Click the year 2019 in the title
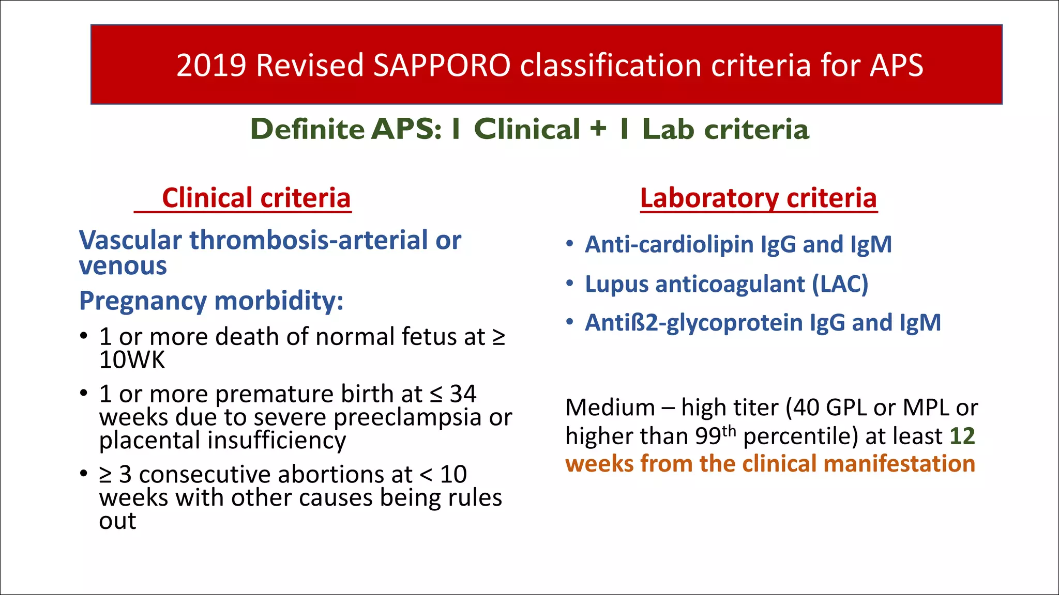[211, 66]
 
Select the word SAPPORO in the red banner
[442, 66]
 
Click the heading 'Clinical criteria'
[256, 198]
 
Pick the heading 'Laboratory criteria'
[758, 198]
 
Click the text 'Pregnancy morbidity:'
[211, 301]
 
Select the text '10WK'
[132, 360]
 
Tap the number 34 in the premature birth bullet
[463, 394]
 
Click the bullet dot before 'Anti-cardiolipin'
[569, 244]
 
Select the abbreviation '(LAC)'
[840, 284]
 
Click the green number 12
[962, 436]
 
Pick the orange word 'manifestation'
[899, 463]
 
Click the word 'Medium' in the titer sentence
[610, 408]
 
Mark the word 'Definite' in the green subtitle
[308, 129]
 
